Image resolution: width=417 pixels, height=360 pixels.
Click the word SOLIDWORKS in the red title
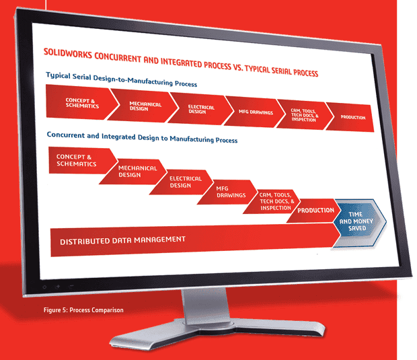tap(67, 54)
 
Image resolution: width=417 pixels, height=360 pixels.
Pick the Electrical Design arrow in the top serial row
tap(200, 109)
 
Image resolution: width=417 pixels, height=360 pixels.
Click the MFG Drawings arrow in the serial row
tap(254, 112)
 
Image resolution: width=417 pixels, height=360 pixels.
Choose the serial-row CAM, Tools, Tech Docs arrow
tap(304, 115)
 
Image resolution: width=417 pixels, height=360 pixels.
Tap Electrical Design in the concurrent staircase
tap(182, 182)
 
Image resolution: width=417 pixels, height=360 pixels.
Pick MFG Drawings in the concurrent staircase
tap(227, 192)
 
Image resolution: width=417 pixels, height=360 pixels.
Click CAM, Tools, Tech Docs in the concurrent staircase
tap(272, 201)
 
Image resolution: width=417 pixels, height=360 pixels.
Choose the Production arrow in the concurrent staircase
tap(314, 211)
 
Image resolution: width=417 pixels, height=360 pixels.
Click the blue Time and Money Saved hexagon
tap(359, 222)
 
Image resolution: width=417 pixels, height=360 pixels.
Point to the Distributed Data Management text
tap(122, 240)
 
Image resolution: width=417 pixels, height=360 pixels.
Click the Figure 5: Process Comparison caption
tap(83, 310)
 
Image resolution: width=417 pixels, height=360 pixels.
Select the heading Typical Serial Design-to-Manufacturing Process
tap(122, 79)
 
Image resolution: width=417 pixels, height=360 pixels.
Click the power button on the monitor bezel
tap(44, 287)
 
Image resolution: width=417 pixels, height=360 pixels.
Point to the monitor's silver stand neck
tap(206, 306)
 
